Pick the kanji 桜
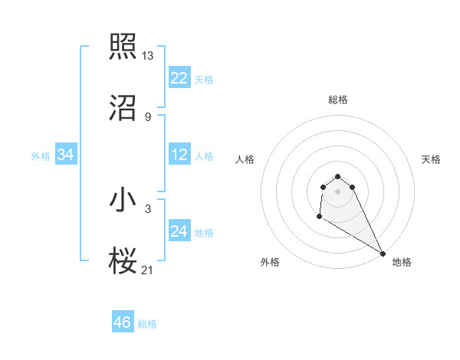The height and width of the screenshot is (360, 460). pyautogui.click(x=123, y=261)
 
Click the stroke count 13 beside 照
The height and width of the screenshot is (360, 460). pyautogui.click(x=148, y=56)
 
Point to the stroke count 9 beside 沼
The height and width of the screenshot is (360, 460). pyautogui.click(x=148, y=117)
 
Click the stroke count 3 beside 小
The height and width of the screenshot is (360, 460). pyautogui.click(x=148, y=208)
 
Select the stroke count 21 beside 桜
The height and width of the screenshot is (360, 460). pyautogui.click(x=148, y=270)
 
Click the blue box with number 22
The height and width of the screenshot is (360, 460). pyautogui.click(x=179, y=78)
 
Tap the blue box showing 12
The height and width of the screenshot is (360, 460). pyautogui.click(x=179, y=155)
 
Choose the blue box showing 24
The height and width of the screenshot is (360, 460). pyautogui.click(x=179, y=231)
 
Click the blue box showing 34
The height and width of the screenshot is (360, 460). pyautogui.click(x=66, y=155)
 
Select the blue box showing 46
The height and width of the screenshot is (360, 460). pyautogui.click(x=123, y=322)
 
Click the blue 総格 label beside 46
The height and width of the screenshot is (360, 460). pyautogui.click(x=147, y=324)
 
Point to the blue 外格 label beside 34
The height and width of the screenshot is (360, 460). pyautogui.click(x=41, y=156)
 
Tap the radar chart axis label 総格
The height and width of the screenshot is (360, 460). pyautogui.click(x=337, y=100)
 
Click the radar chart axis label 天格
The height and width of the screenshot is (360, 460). pyautogui.click(x=431, y=159)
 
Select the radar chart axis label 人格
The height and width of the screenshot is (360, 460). pyautogui.click(x=245, y=159)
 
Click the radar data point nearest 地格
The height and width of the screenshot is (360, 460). pyautogui.click(x=383, y=253)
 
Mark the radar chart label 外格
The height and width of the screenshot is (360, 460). pyautogui.click(x=270, y=262)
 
